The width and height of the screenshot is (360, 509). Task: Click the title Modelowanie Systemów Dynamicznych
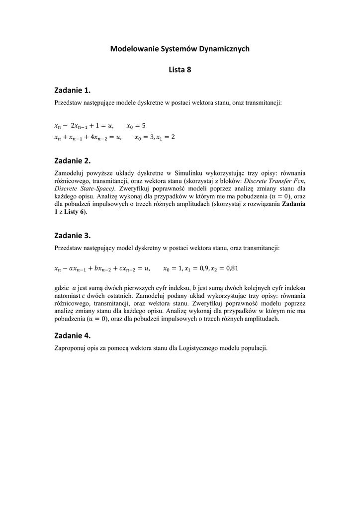tap(180, 49)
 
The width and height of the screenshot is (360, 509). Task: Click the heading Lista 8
tap(180, 70)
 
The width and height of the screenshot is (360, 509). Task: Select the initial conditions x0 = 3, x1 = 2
tap(155, 137)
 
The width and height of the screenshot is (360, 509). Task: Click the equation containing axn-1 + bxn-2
tap(101, 269)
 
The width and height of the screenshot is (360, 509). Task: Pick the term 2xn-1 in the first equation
tap(79, 126)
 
